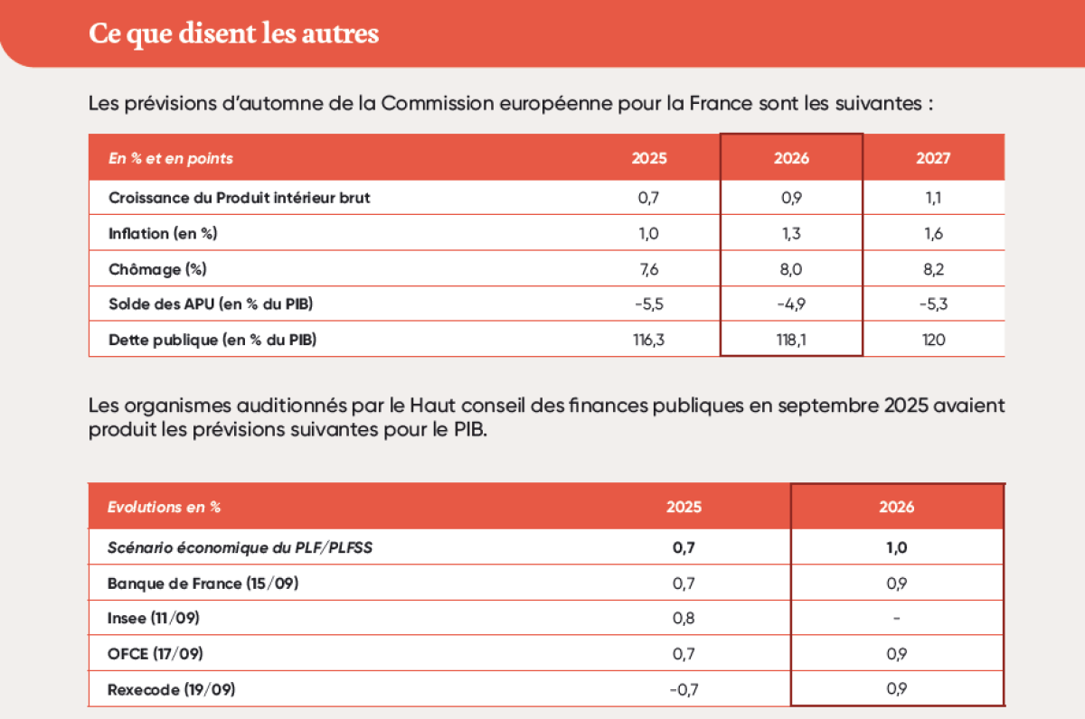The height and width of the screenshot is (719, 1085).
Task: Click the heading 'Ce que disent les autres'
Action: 233,33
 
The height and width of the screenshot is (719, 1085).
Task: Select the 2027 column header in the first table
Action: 933,158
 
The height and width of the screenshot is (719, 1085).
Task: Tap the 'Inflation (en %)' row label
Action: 163,233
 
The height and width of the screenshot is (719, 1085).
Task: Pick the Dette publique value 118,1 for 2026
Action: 791,340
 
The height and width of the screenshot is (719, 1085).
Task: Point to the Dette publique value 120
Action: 933,340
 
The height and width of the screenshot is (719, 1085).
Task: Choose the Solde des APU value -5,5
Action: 649,304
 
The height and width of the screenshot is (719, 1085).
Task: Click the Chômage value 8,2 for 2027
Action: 933,268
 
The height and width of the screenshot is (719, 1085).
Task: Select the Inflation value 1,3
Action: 791,233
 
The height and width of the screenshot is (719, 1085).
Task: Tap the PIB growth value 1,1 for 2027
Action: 933,198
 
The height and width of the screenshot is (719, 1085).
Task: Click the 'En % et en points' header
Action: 170,158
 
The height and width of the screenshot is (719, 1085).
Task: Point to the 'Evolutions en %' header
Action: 164,507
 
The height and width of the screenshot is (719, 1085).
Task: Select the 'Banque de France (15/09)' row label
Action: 203,584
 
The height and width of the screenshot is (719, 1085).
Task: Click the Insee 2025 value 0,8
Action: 684,619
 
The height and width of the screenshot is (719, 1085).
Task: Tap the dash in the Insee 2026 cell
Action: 896,619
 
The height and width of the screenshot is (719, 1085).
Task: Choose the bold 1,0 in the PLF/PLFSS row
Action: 896,547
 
